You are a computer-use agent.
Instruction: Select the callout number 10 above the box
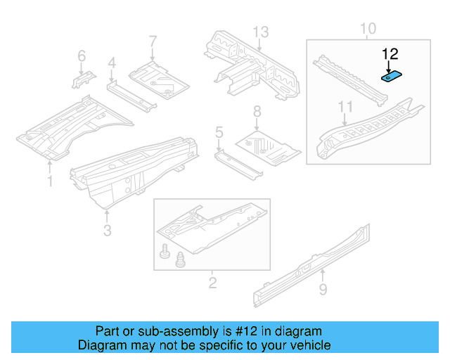368,29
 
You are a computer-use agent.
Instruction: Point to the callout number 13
261,32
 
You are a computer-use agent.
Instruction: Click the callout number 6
82,56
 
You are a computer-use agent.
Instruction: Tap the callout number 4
111,64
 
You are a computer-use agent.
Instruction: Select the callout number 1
49,181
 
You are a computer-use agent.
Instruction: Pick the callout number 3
106,230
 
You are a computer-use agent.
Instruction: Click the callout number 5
219,131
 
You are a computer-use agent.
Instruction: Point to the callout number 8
257,111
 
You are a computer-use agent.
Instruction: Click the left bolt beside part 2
165,251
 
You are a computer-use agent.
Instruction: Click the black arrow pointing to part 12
388,65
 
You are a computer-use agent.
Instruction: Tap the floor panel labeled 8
267,145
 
